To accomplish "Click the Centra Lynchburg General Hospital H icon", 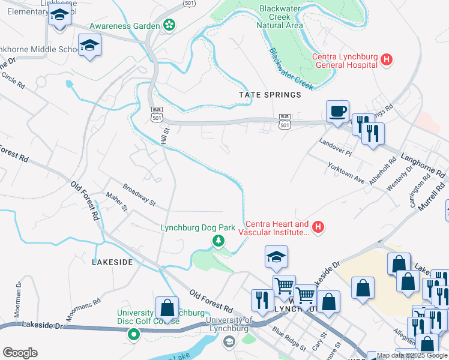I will (387, 60).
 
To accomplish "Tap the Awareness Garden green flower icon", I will (169, 25).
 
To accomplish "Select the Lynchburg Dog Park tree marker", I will (218, 241).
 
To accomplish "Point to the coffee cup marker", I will (337, 111).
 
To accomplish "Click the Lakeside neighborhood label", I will (112, 262).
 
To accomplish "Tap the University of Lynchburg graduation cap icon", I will (228, 341).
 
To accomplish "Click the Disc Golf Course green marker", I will (133, 335).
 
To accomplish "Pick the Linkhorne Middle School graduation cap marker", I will (89, 45).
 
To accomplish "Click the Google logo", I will (20, 353).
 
